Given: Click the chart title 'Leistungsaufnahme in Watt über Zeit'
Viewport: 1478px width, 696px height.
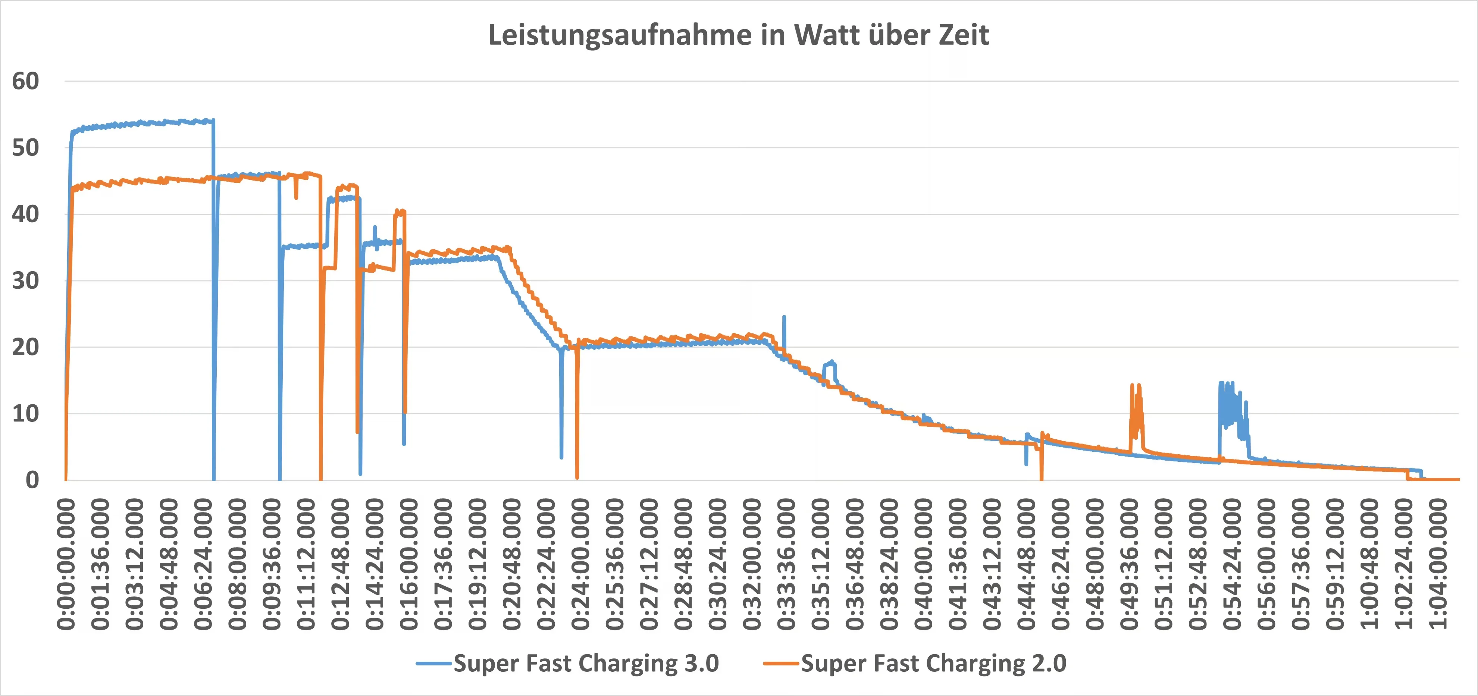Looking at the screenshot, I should point(738,35).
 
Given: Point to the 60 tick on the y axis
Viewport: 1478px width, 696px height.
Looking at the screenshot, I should point(26,81).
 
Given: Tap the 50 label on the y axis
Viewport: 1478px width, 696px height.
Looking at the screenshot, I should point(26,148).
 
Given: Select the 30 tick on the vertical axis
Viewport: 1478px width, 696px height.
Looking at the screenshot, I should point(26,281).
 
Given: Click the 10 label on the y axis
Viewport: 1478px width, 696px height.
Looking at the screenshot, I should point(26,414).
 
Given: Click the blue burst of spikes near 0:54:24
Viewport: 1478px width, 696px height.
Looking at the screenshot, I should point(1231,407).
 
